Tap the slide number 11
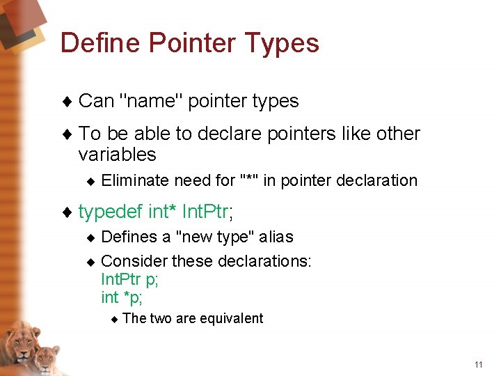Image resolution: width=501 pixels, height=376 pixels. [x=478, y=364]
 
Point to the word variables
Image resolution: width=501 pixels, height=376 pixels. [x=117, y=154]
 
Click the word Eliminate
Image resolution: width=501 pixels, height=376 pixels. [x=135, y=180]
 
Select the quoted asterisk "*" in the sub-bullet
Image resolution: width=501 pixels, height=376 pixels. [x=248, y=180]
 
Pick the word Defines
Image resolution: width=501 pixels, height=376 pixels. [x=129, y=237]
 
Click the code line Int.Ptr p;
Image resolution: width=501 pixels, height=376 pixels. [x=129, y=279]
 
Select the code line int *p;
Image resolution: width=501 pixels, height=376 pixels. [x=122, y=297]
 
